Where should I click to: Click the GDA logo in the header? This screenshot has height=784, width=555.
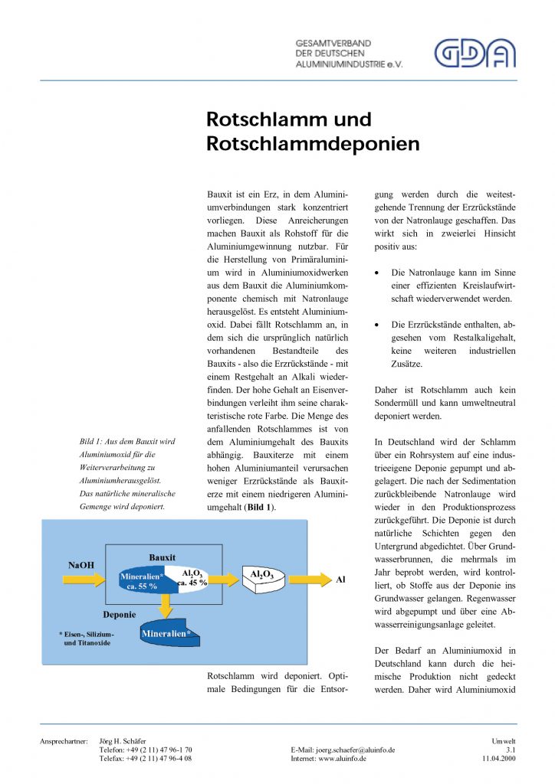point(475,53)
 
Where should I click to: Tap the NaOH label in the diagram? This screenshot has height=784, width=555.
point(80,565)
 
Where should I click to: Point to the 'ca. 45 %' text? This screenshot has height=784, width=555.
point(192,583)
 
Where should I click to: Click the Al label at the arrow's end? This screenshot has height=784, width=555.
point(341,580)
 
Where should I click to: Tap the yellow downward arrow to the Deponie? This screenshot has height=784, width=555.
point(164,606)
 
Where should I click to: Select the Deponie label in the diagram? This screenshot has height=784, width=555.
point(120,614)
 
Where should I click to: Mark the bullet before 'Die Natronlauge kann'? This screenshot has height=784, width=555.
point(377,273)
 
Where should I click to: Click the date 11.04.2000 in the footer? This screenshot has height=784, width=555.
point(499,758)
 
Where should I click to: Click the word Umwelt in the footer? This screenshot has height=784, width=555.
point(503,741)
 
